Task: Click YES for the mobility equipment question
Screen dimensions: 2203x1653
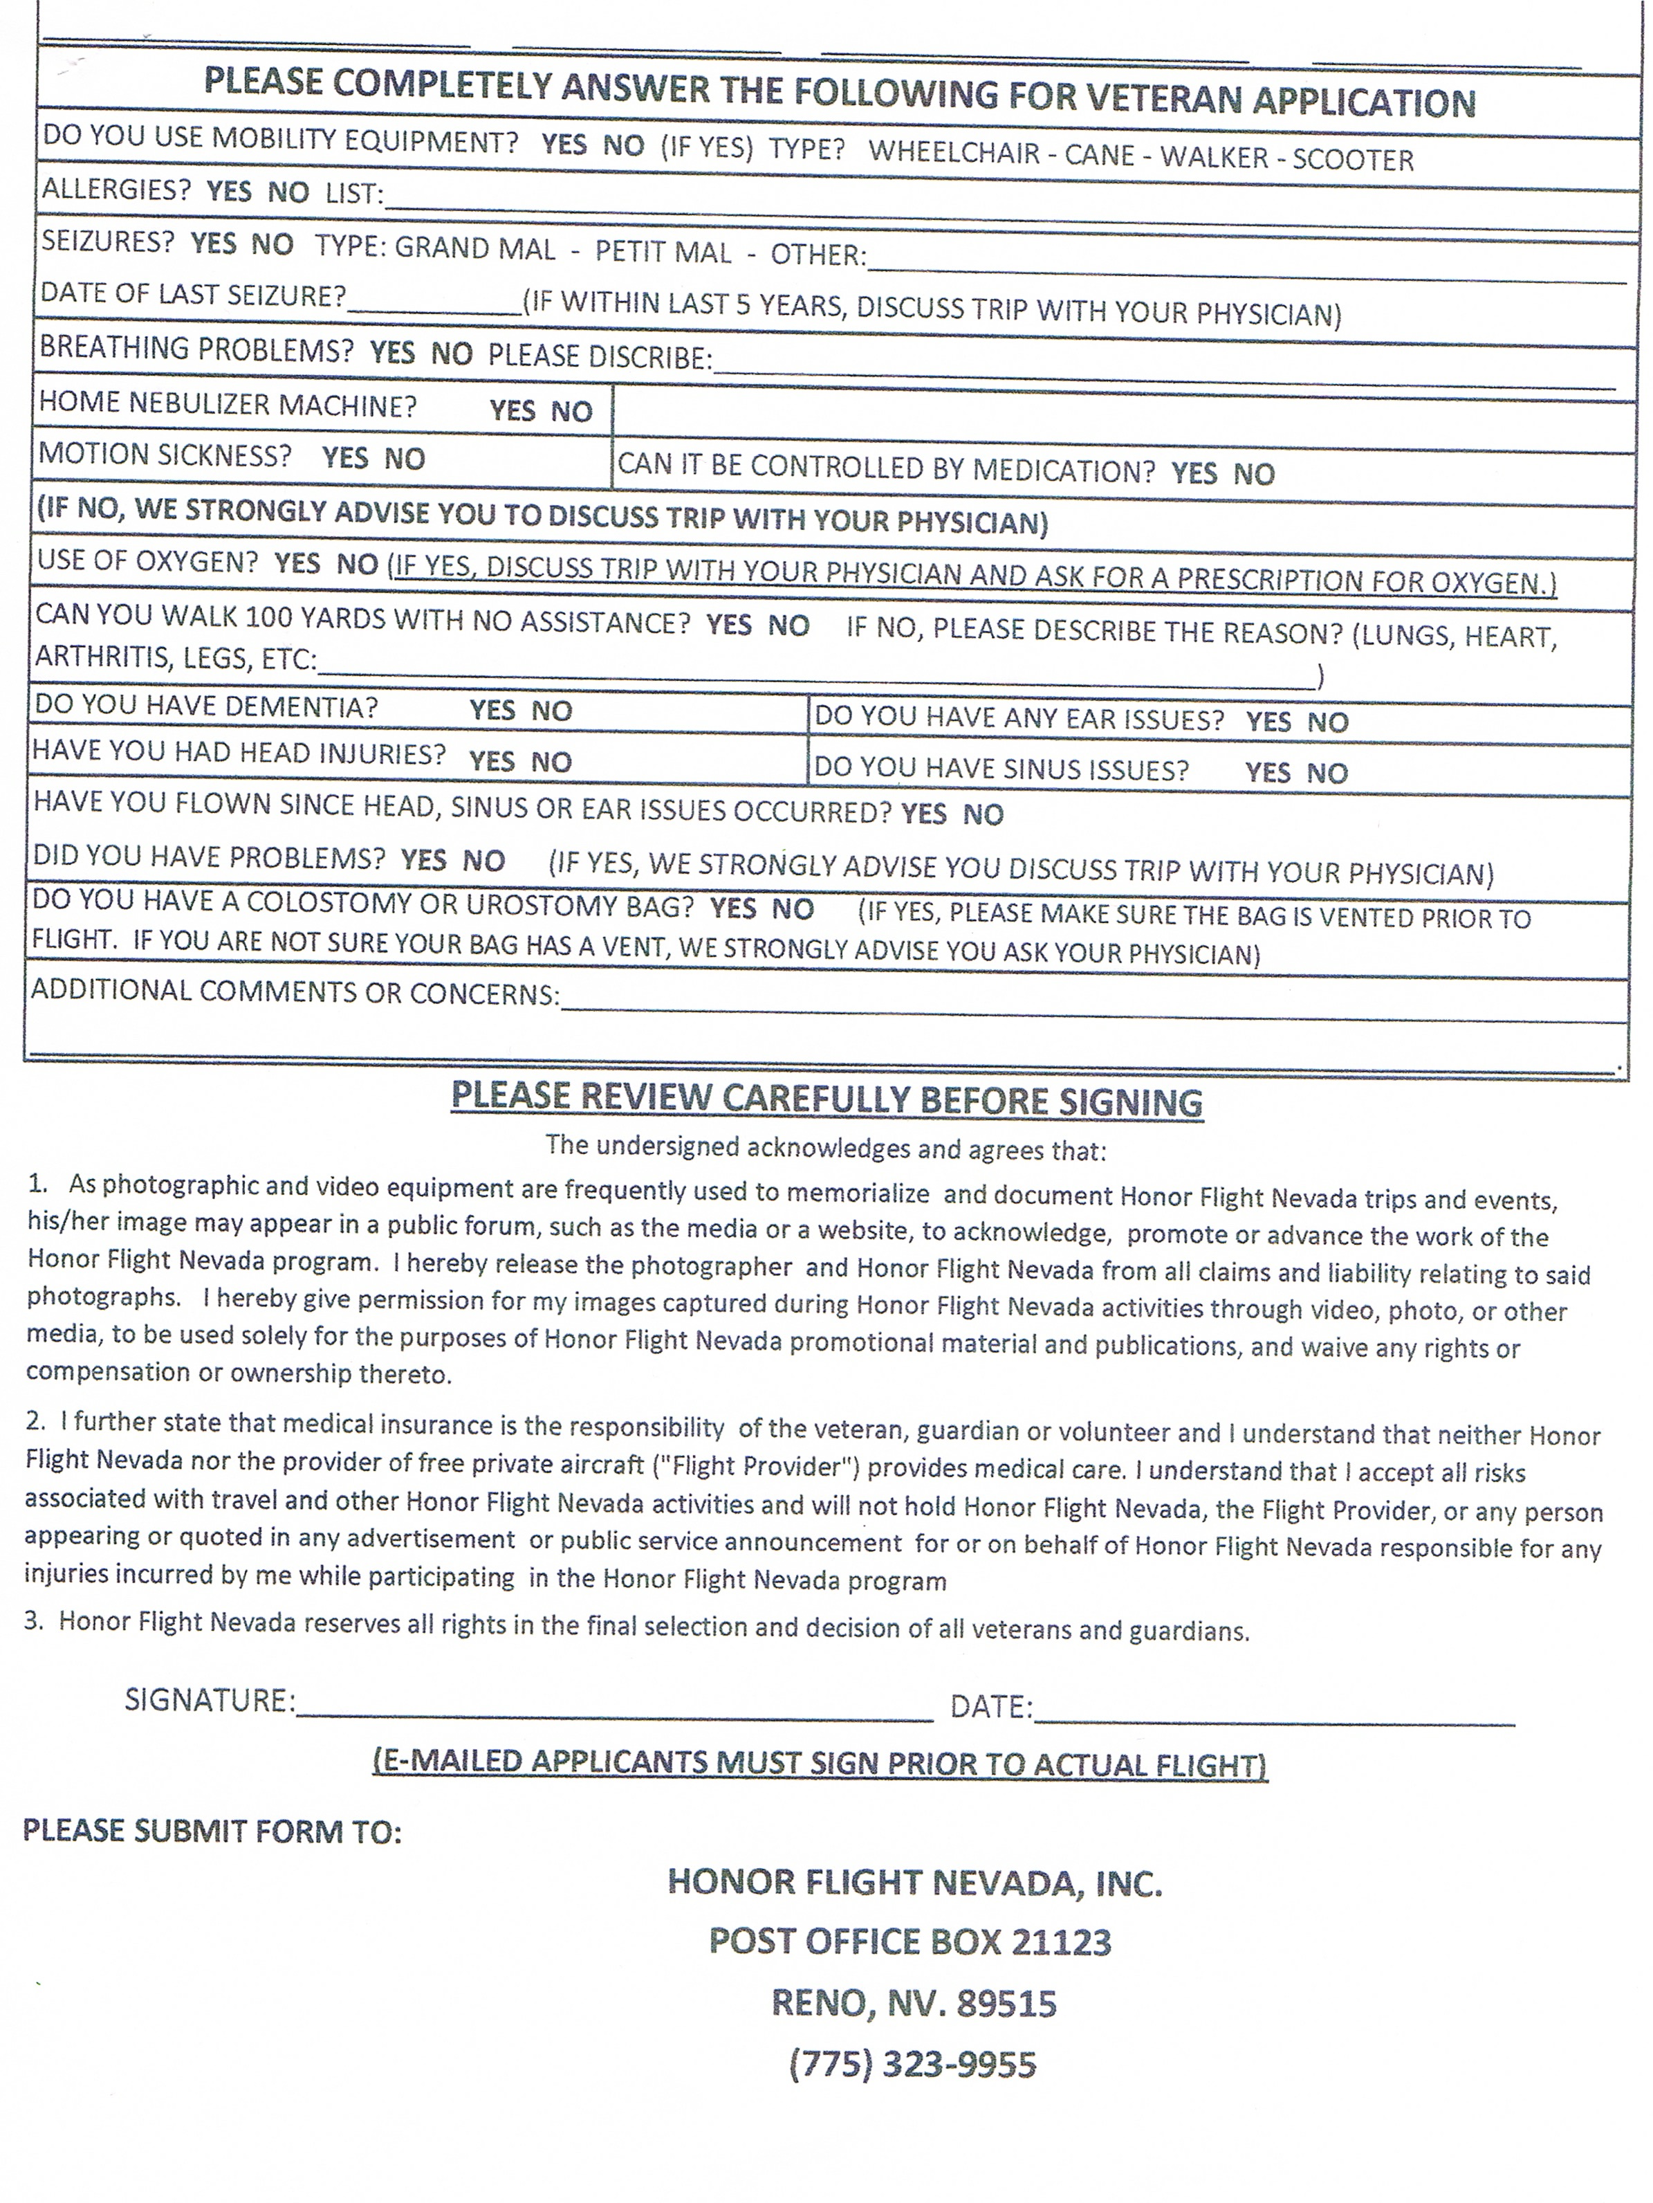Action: click(x=564, y=145)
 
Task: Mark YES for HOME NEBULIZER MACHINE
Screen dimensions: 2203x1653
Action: click(x=512, y=410)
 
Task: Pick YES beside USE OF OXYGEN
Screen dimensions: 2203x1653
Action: click(x=297, y=564)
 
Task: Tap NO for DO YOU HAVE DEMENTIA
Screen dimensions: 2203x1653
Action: click(x=551, y=711)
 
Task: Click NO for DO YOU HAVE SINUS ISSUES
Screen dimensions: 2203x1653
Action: click(x=1327, y=773)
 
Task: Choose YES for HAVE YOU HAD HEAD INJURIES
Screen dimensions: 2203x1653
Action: click(x=491, y=762)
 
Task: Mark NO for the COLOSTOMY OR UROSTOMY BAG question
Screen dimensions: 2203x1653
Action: click(x=793, y=909)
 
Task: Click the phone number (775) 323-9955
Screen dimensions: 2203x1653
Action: click(x=912, y=2065)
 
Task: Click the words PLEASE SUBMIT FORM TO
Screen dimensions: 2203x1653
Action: click(x=212, y=1831)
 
